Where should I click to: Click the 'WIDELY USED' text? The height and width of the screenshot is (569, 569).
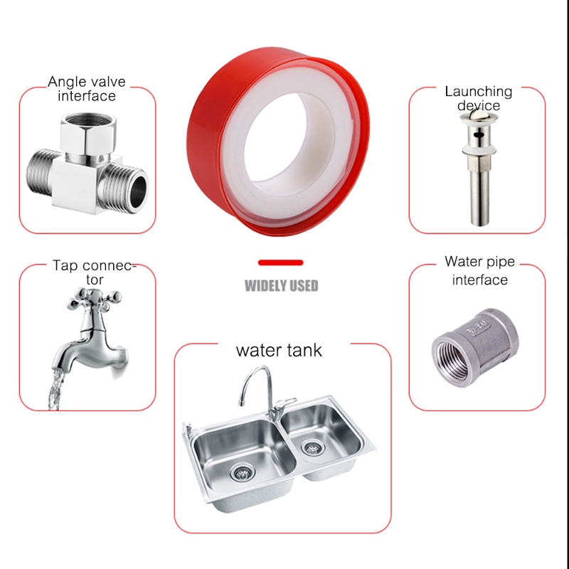pyautogui.click(x=282, y=287)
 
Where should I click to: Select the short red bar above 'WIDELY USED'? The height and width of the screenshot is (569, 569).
pyautogui.click(x=281, y=263)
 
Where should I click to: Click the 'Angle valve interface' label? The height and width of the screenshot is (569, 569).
pyautogui.click(x=82, y=88)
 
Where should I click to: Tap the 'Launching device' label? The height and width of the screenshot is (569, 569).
pyautogui.click(x=478, y=98)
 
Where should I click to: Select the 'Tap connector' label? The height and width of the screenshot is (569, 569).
pyautogui.click(x=92, y=272)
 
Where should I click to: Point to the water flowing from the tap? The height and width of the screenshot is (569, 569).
pyautogui.click(x=53, y=388)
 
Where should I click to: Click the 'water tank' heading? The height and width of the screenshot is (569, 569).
pyautogui.click(x=279, y=350)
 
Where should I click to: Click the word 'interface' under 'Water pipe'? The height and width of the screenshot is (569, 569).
pyautogui.click(x=480, y=280)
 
